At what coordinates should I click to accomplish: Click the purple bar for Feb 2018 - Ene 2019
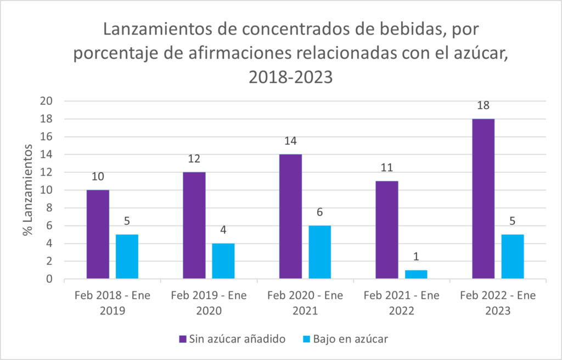(98, 235)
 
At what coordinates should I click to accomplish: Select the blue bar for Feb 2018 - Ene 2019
(127, 257)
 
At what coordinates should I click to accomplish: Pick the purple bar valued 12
(194, 226)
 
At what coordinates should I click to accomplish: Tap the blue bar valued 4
(223, 261)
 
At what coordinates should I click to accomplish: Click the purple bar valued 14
(290, 217)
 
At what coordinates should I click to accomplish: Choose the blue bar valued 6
(319, 252)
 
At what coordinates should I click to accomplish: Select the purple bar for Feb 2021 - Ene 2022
(387, 230)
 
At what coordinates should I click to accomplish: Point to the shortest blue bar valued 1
(416, 275)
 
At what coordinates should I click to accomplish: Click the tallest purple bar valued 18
(483, 199)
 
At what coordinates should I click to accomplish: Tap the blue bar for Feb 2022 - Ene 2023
(512, 257)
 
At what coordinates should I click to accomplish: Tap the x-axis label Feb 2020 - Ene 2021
(305, 302)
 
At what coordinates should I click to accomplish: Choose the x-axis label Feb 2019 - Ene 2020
(209, 302)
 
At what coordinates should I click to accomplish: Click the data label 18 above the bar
(483, 106)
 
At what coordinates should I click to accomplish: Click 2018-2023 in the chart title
(290, 77)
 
